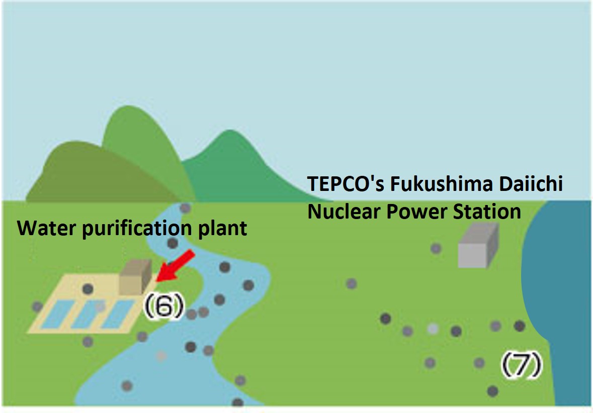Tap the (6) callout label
point(162,307)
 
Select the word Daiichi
point(536,184)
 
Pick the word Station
point(486,212)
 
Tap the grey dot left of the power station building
point(436,248)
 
